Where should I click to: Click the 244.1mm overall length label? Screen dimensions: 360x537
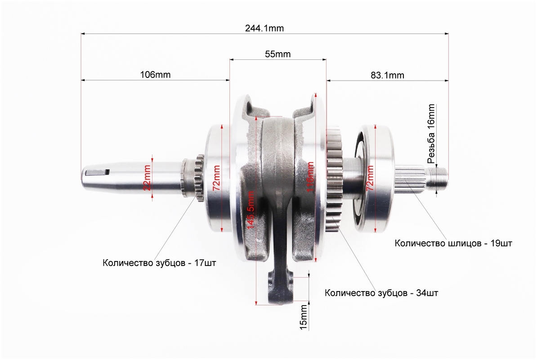pos(264,28)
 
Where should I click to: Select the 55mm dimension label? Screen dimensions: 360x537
pos(277,54)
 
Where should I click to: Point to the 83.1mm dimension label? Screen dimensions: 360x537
pos(387,75)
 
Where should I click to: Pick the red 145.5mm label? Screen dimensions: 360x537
pos(251,209)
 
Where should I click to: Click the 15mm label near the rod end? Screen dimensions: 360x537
pos(304,318)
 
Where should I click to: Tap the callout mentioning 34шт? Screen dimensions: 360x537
pos(381,293)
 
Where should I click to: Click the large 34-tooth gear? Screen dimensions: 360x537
pos(334,179)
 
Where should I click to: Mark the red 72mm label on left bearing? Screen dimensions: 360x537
pos(217,178)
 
